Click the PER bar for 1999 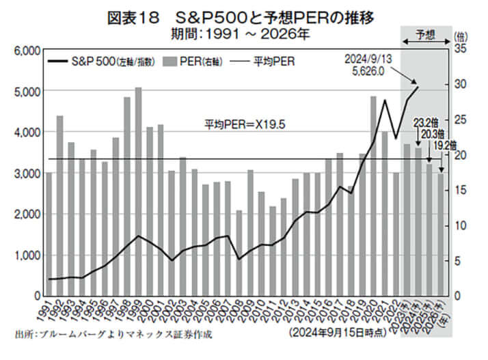(138, 191)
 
